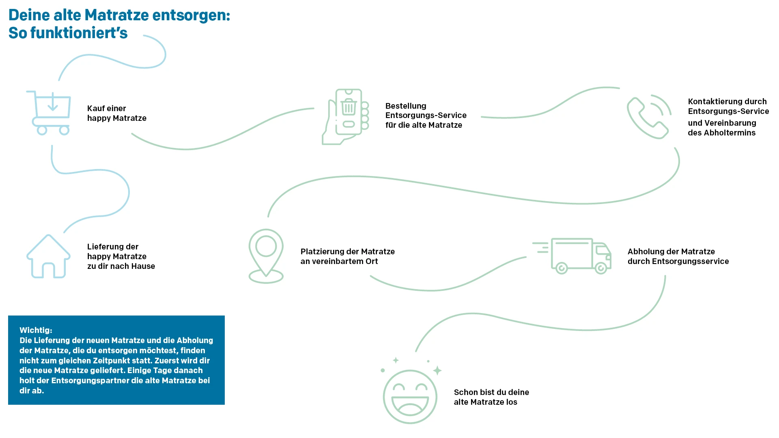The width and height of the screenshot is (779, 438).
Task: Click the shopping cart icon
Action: point(50,113)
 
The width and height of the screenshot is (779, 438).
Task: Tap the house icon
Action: point(48,257)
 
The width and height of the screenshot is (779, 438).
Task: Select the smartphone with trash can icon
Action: point(347,117)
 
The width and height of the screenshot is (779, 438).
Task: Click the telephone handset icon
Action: point(648,117)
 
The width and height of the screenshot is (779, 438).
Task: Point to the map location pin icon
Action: point(266,255)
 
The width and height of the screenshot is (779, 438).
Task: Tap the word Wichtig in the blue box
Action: point(35,330)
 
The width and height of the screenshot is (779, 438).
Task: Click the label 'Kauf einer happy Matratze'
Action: point(116,113)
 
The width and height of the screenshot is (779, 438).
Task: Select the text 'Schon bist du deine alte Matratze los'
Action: point(491,397)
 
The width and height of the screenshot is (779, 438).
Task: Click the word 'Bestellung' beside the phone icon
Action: point(406,106)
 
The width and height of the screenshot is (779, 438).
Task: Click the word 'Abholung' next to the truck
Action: point(645,251)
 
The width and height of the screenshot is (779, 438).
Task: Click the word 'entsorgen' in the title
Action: point(191,15)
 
